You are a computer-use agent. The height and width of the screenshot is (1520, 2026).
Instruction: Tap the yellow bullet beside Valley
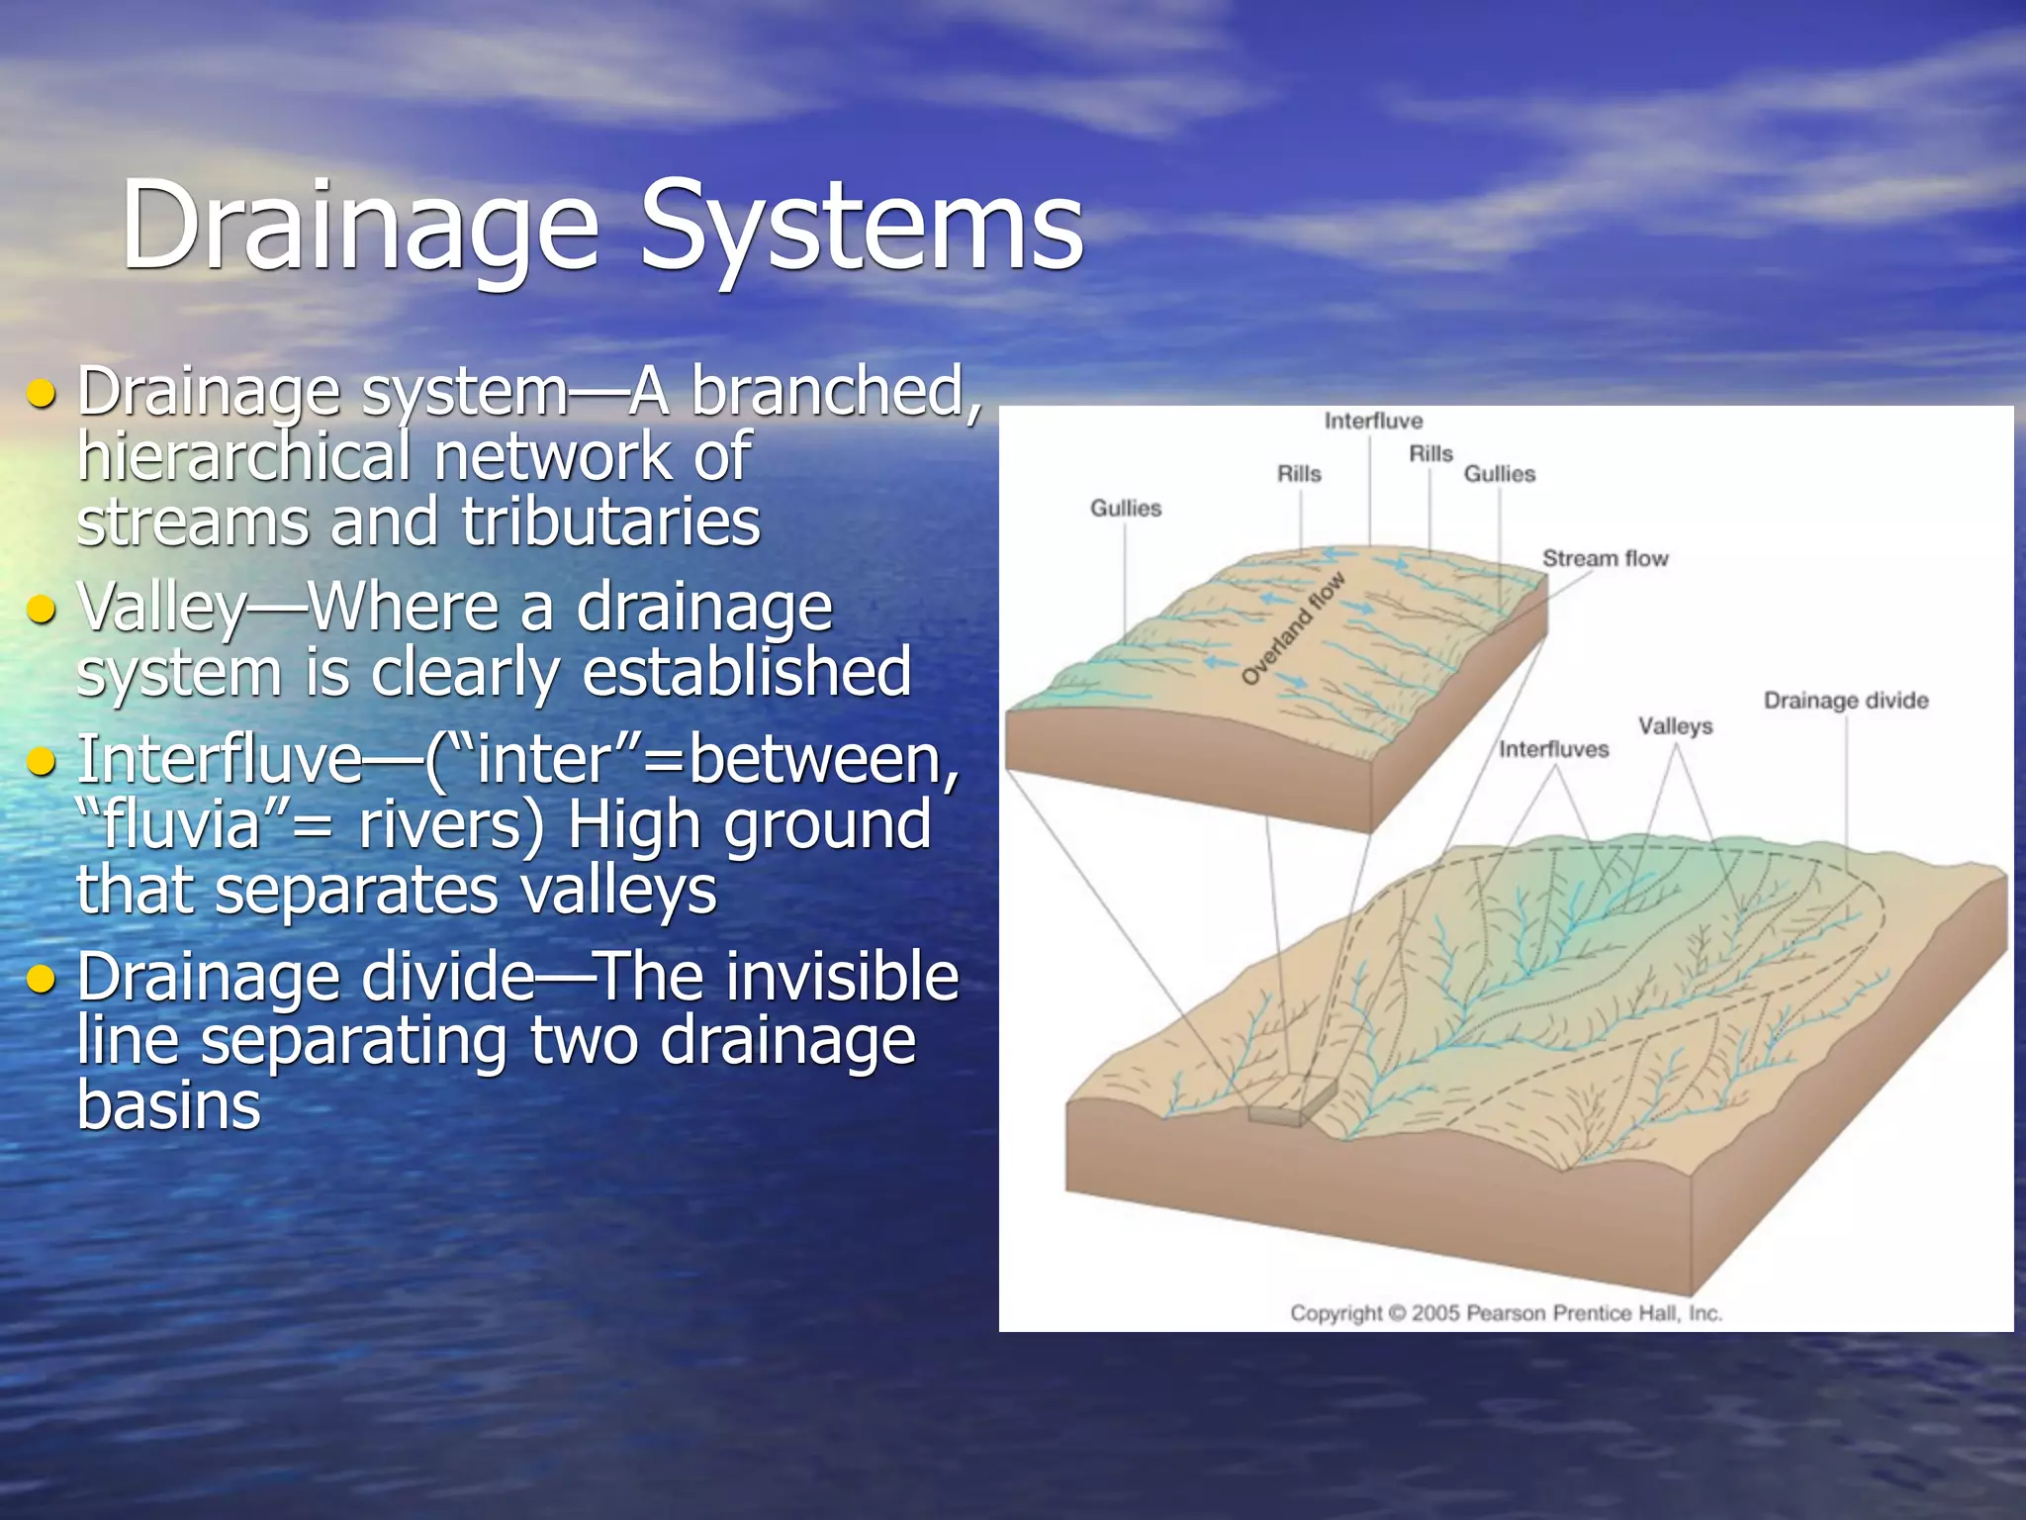pos(42,609)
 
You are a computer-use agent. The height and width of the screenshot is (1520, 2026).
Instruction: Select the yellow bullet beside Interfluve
pos(42,761)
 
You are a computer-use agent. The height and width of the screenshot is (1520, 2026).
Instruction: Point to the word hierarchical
pos(243,456)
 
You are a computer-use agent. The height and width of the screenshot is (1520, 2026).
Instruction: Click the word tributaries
pos(610,522)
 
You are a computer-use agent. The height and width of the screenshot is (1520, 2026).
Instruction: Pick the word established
pos(746,672)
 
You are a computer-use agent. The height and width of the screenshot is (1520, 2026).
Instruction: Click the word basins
pos(168,1105)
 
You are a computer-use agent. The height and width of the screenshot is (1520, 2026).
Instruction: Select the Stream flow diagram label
pos(1605,558)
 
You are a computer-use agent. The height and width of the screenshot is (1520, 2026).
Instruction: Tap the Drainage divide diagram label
pos(1845,701)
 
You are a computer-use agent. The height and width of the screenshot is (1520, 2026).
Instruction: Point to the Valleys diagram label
pos(1675,725)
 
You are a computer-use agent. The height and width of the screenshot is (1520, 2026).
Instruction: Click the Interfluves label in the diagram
pos(1553,749)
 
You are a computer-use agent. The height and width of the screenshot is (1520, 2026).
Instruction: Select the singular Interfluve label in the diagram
pos(1373,421)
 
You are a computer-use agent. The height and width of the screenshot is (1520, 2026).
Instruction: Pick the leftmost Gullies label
pos(1126,508)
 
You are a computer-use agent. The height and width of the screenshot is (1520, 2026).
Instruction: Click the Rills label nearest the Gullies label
pos(1430,453)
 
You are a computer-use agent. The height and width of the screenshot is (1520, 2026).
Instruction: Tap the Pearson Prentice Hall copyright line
pos(1506,1313)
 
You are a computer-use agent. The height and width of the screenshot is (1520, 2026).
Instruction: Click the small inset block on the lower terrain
pos(1291,1101)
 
